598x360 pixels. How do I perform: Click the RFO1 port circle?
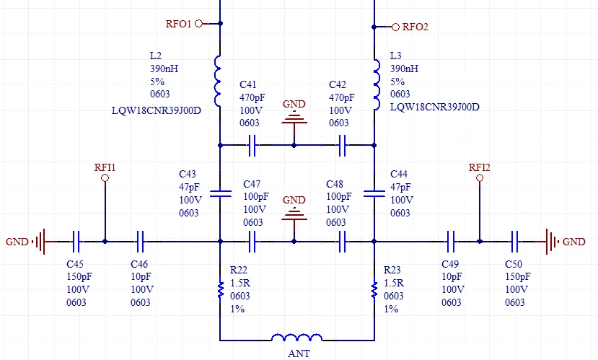point(198,24)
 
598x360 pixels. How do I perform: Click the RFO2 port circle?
point(395,27)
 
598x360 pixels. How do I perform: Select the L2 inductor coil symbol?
point(218,81)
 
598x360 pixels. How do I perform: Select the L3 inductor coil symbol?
point(377,84)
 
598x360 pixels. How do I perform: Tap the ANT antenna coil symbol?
point(296,338)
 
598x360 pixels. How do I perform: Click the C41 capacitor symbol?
point(252,145)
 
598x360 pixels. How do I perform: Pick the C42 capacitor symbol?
point(343,145)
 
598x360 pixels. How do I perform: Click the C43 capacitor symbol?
point(221,193)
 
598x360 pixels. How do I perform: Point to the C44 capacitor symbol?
point(374,193)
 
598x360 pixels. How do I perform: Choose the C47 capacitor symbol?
point(252,242)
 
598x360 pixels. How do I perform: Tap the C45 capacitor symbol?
point(76,242)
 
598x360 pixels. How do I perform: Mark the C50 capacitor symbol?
point(514,242)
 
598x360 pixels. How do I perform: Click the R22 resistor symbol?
point(221,290)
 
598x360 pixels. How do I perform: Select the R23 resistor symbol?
point(374,290)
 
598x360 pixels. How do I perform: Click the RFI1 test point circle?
point(105,177)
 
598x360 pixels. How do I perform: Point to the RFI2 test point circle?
point(480,177)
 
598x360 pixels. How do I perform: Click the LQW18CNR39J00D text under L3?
point(434,107)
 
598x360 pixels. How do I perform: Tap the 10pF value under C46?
point(141,276)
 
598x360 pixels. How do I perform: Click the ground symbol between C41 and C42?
point(294,117)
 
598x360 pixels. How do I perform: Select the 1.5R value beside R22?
point(240,283)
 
